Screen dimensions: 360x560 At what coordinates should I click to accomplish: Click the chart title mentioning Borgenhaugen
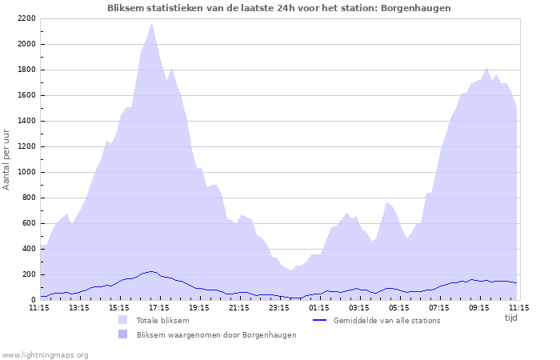(279, 8)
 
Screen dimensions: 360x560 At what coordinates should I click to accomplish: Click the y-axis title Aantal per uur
(7, 158)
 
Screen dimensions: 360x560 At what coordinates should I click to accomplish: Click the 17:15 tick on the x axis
(159, 306)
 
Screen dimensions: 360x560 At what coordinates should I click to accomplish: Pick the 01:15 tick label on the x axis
(319, 306)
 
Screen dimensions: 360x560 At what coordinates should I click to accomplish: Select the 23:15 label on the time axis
(279, 306)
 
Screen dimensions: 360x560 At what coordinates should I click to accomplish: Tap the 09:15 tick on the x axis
(479, 306)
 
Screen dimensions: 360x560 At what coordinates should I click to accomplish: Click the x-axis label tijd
(511, 317)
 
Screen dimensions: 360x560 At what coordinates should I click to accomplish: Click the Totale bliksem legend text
(162, 321)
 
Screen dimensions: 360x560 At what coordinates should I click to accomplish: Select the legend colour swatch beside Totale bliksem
(122, 320)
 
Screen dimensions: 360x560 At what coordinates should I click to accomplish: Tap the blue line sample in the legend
(319, 320)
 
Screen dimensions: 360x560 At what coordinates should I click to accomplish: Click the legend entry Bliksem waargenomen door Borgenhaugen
(216, 335)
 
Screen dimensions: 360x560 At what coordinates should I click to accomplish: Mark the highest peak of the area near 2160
(151, 23)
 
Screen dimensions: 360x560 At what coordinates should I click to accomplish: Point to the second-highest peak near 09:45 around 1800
(487, 68)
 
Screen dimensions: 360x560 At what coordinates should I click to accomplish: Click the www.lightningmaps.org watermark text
(45, 354)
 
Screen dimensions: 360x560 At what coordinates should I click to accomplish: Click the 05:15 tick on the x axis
(399, 306)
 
